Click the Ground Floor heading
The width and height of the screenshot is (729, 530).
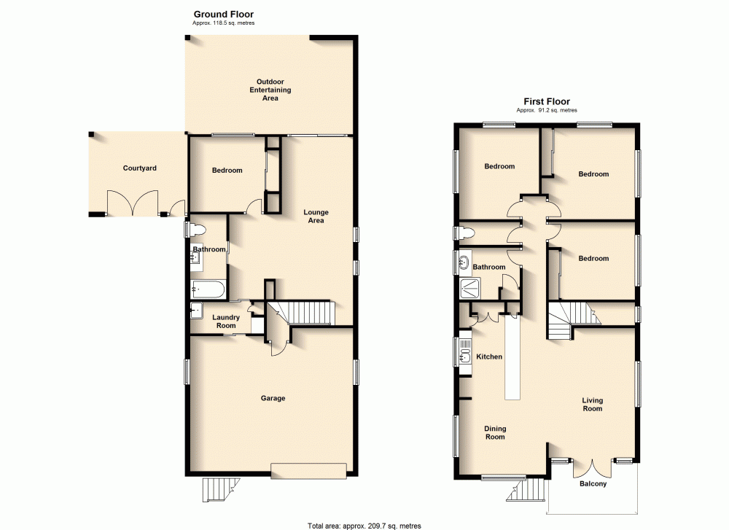coord(223,14)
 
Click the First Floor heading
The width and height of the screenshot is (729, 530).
coord(546,101)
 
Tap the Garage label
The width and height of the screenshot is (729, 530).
coord(273,398)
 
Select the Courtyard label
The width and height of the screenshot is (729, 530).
coord(139,168)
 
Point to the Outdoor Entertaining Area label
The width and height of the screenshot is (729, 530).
coord(270,90)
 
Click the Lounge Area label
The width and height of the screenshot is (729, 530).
coord(315,217)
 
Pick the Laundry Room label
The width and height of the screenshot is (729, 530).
coord(226,321)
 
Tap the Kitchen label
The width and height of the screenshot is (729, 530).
coord(489,356)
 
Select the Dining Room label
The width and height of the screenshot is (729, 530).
coord(495,432)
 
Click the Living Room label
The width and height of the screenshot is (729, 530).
coord(592,405)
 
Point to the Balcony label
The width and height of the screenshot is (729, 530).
coord(593,484)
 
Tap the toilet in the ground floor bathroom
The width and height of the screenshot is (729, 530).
coord(196,230)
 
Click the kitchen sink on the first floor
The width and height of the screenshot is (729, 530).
coord(464,356)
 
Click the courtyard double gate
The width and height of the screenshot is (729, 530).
coord(132,204)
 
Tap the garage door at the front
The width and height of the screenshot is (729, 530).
coord(308,471)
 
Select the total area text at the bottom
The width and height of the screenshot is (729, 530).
coord(364,525)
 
